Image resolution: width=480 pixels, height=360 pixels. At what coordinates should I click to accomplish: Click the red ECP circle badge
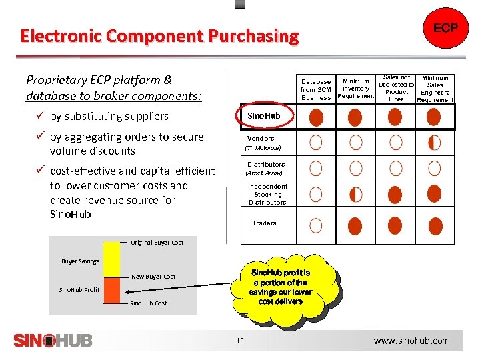[445, 29]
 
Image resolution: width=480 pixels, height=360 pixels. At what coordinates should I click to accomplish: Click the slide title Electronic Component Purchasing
[159, 35]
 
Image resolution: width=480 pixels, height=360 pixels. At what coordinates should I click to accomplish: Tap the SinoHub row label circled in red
[264, 116]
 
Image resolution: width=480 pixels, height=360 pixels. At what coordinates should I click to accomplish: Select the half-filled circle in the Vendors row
[434, 142]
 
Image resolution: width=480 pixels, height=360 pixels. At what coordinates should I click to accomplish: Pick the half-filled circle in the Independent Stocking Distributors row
[356, 195]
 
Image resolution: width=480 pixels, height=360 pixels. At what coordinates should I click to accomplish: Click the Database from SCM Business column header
[316, 90]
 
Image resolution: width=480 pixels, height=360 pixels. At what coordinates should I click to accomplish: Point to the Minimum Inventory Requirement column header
[356, 89]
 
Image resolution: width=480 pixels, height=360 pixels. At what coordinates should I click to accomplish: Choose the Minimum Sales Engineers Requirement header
[435, 89]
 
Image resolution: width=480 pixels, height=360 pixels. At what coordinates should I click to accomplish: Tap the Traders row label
[264, 223]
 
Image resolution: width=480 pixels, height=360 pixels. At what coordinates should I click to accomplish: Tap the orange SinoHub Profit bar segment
[111, 290]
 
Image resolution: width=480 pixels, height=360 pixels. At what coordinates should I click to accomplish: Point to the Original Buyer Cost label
[157, 243]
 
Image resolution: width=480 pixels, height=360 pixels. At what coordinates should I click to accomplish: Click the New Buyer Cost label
[153, 276]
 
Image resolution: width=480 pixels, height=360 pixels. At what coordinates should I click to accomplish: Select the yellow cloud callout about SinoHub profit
[280, 287]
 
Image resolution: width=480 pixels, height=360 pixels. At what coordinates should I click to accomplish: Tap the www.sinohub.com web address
[411, 341]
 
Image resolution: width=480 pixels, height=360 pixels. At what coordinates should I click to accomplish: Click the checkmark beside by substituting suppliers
[39, 116]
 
